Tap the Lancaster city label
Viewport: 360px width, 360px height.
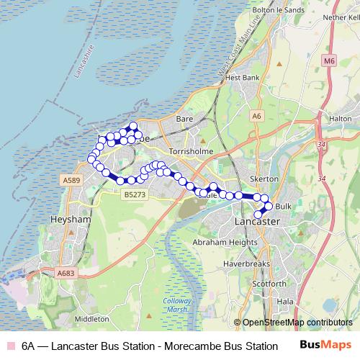(256, 222)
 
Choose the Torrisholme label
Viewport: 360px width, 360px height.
(187, 152)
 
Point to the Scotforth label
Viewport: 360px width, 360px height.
(271, 284)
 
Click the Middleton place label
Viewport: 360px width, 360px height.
(91, 318)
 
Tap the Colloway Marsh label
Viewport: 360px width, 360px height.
(177, 305)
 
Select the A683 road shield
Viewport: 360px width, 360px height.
(66, 272)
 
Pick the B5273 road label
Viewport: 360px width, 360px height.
(135, 194)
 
